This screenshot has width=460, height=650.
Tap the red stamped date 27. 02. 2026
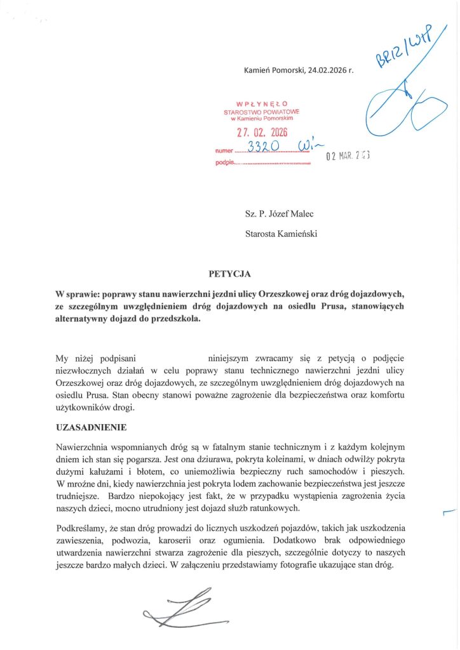pos(262,133)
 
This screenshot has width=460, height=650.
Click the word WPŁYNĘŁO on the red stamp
pos(261,103)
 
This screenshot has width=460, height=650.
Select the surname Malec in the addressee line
pos(301,213)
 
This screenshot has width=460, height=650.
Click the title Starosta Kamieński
pos(281,233)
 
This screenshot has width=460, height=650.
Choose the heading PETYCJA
pos(230,274)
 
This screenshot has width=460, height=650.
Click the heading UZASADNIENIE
pos(91,427)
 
